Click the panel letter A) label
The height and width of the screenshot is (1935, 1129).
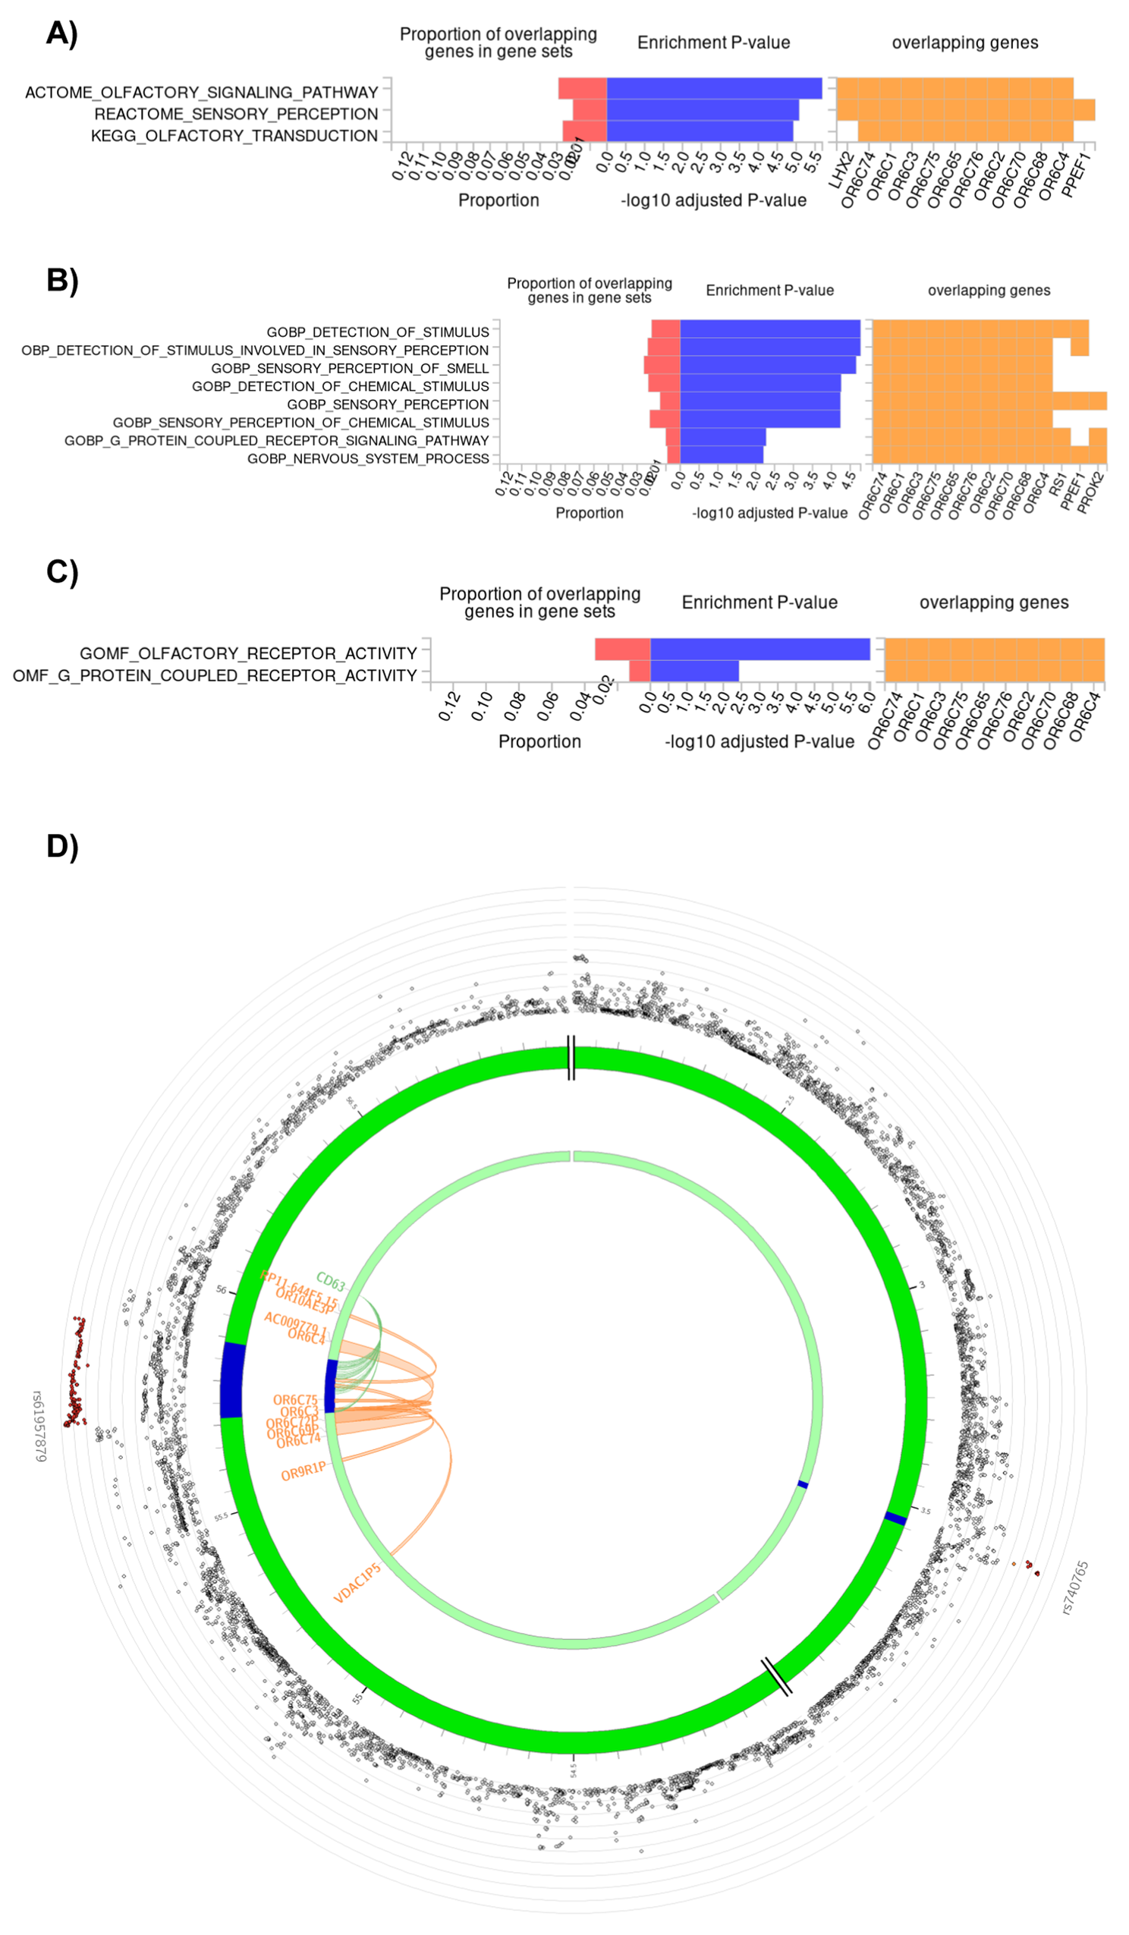61,35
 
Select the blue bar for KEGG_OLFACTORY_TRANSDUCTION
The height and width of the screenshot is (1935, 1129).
699,132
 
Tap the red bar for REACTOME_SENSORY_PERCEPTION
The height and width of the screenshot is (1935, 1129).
589,111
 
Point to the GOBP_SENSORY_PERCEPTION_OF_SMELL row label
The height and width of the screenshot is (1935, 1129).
350,369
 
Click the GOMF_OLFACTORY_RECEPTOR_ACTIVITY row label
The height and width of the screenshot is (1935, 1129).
248,653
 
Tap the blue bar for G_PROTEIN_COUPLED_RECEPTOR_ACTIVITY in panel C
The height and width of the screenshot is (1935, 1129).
694,671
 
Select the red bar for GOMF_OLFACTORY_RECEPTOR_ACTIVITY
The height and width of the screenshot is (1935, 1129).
622,650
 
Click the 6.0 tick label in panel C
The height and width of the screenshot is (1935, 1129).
867,702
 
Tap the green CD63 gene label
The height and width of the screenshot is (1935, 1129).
331,1282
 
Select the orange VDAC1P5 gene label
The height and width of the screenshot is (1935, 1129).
357,1584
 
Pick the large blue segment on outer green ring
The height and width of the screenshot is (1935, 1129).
232,1380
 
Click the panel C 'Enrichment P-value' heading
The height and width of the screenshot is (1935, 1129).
759,603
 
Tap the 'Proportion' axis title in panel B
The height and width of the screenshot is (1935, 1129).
589,513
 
